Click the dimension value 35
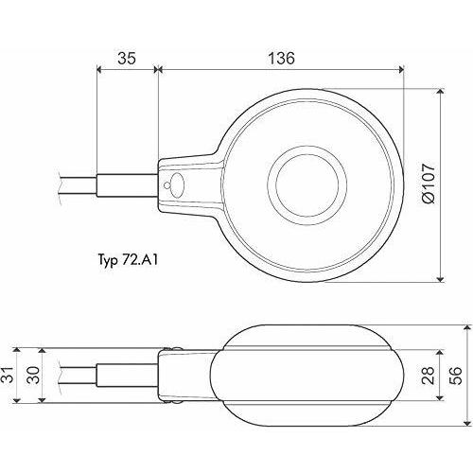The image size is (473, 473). tap(127, 59)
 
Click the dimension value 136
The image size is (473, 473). tap(282, 59)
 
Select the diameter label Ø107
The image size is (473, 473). tap(429, 184)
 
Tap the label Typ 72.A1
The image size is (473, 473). tap(128, 261)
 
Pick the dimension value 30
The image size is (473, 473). tap(34, 375)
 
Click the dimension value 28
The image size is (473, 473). tap(428, 376)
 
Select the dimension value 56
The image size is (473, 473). tap(455, 376)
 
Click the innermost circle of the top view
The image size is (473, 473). tap(307, 185)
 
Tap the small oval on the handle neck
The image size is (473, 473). tap(178, 185)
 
